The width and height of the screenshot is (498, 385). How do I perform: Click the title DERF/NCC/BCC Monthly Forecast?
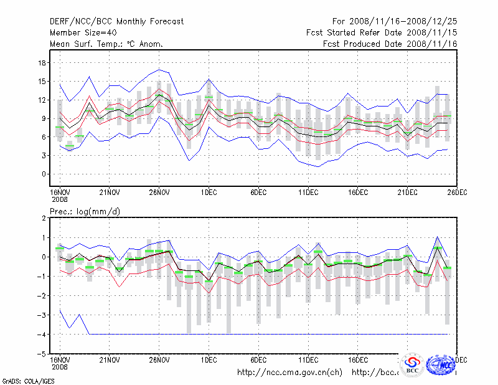pyautogui.click(x=116, y=22)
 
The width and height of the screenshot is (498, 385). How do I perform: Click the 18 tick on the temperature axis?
pyautogui.click(x=43, y=62)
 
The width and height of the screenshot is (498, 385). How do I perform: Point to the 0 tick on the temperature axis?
pyautogui.click(x=45, y=174)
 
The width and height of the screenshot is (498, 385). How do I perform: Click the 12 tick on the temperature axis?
pyautogui.click(x=43, y=100)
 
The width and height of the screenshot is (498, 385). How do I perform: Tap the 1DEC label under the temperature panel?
pyautogui.click(x=209, y=192)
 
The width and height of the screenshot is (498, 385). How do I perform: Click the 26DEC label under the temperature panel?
pyautogui.click(x=457, y=192)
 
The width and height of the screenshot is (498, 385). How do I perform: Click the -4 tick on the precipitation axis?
pyautogui.click(x=42, y=335)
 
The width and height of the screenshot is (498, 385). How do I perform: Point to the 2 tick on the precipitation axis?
pyautogui.click(x=45, y=218)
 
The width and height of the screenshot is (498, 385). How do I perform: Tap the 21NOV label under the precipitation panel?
pyautogui.click(x=109, y=360)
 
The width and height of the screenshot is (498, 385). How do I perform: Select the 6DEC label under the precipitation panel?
pyautogui.click(x=258, y=360)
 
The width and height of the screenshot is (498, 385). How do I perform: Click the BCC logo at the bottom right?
pyautogui.click(x=412, y=366)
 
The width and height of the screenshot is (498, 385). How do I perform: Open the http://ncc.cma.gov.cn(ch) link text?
pyautogui.click(x=290, y=373)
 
